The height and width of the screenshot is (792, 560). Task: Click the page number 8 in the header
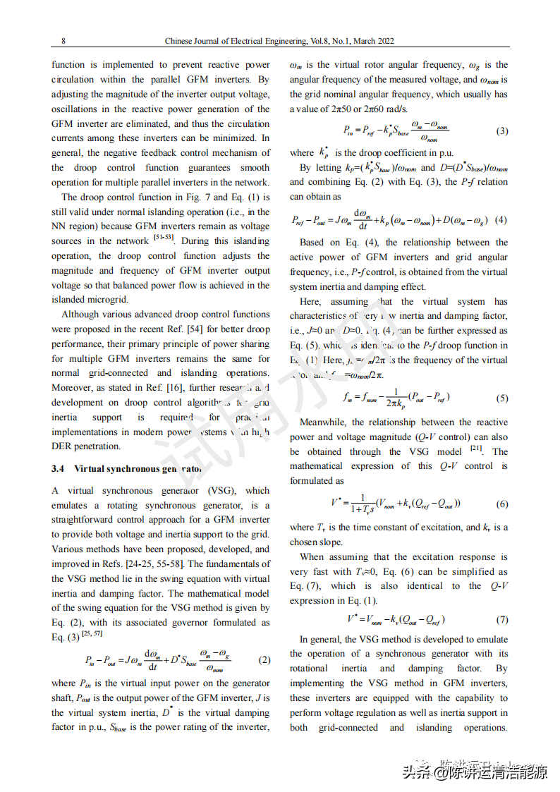pyautogui.click(x=63, y=41)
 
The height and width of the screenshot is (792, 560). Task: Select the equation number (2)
pyautogui.click(x=264, y=661)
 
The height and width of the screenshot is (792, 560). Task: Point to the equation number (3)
pyautogui.click(x=501, y=130)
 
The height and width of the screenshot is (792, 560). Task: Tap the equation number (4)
pyautogui.click(x=501, y=219)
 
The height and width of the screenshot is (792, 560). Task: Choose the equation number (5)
pyautogui.click(x=501, y=398)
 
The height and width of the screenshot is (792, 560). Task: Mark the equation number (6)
pyautogui.click(x=501, y=504)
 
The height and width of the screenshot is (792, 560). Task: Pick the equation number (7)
pyautogui.click(x=501, y=620)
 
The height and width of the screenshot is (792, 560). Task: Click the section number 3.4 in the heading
pyautogui.click(x=58, y=468)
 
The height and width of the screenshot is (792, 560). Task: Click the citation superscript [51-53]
pyautogui.click(x=164, y=238)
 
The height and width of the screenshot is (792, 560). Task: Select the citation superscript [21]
pyautogui.click(x=476, y=449)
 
